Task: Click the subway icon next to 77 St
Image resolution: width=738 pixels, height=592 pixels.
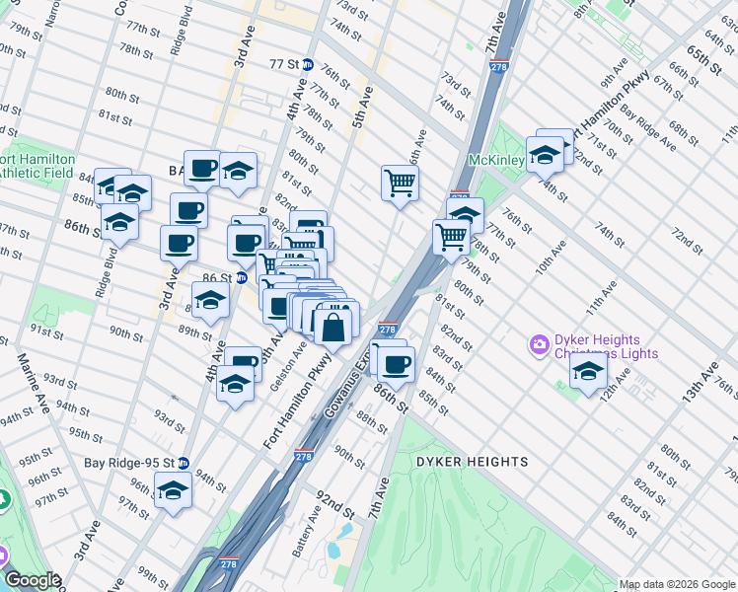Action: click(308, 64)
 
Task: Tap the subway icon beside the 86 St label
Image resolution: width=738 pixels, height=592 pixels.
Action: click(241, 278)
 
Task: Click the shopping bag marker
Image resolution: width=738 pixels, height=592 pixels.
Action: click(334, 325)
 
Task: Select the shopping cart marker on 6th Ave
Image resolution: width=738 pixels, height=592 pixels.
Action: click(400, 182)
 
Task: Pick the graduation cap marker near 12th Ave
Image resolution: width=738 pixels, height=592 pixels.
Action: click(588, 372)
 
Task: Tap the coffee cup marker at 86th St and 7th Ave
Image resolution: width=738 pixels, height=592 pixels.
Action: click(397, 364)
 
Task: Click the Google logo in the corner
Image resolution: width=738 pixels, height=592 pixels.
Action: click(33, 580)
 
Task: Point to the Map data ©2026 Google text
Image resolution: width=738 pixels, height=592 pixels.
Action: click(677, 584)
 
